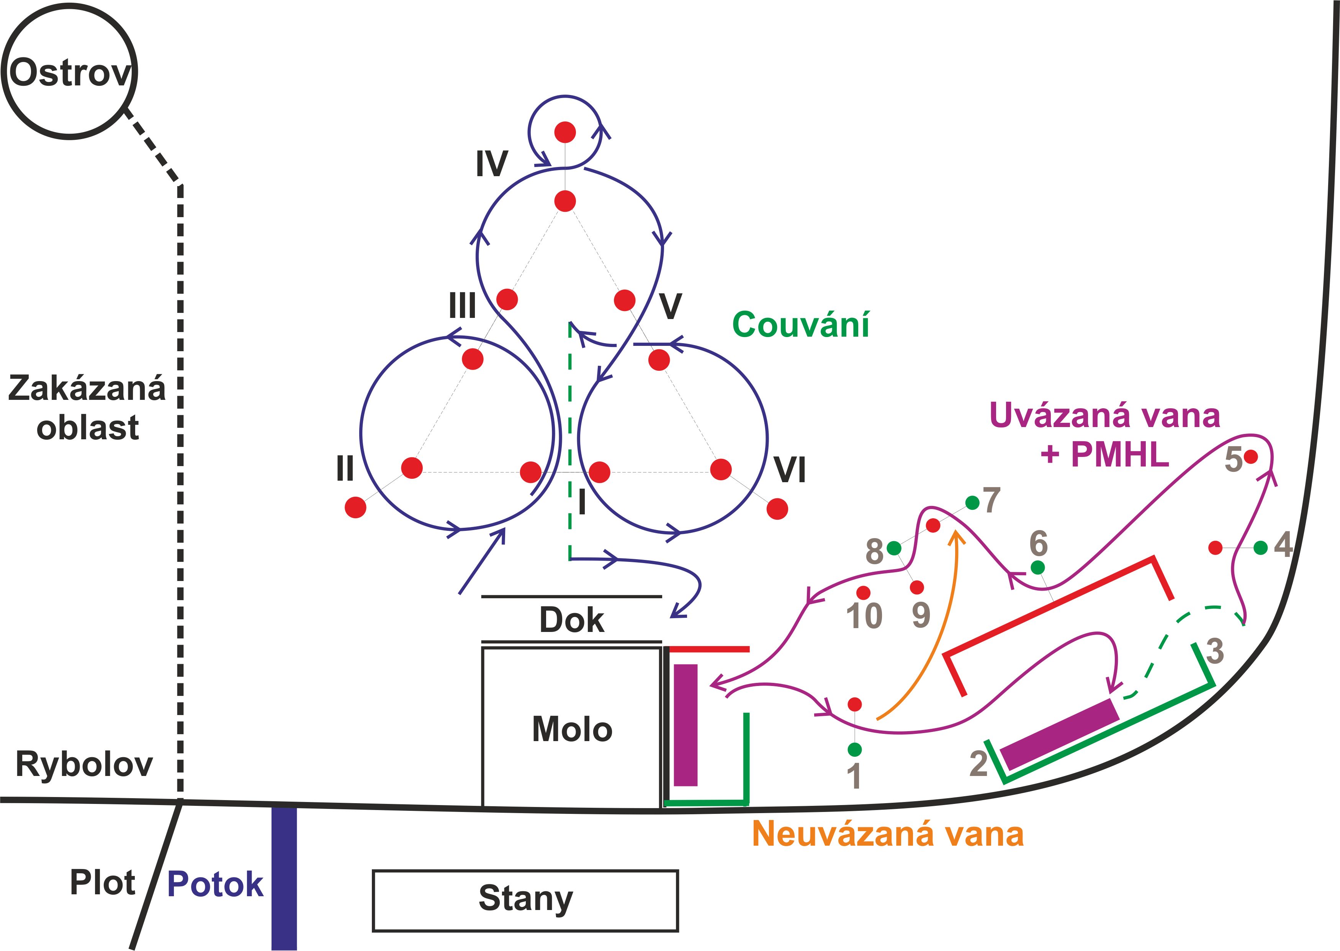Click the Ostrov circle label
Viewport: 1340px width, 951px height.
pos(70,73)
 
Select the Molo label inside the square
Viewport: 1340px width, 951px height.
pos(572,729)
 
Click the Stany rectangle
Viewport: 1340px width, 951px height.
pos(525,900)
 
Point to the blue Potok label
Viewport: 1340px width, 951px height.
pos(215,884)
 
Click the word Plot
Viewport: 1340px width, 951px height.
pos(103,882)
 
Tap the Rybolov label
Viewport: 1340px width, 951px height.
pos(84,764)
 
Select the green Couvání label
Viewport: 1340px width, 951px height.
pos(800,325)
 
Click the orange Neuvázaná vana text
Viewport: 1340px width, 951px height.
pos(887,834)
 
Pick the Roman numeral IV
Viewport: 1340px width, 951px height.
pos(492,164)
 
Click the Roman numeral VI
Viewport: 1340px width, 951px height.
pos(790,470)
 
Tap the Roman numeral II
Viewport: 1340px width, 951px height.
pos(345,468)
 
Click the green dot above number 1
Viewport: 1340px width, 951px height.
pos(855,749)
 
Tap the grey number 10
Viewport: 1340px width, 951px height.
pos(864,617)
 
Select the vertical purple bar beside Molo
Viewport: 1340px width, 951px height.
pos(686,725)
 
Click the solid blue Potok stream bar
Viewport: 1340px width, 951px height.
pos(284,878)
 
